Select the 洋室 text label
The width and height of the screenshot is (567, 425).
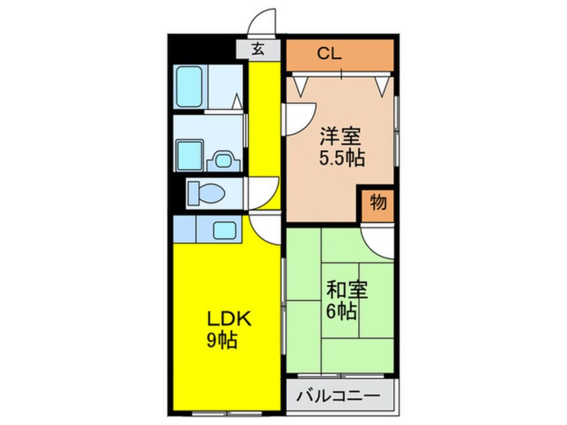[x=340, y=137]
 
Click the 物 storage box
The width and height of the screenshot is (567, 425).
[x=378, y=204]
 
